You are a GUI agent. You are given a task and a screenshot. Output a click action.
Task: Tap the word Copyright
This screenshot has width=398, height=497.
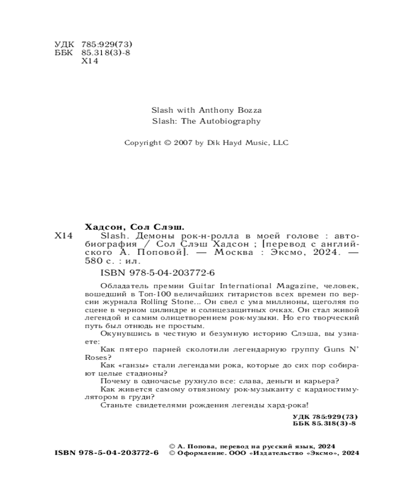143,143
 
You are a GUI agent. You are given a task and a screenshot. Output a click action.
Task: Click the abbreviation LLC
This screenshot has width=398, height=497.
281,143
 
